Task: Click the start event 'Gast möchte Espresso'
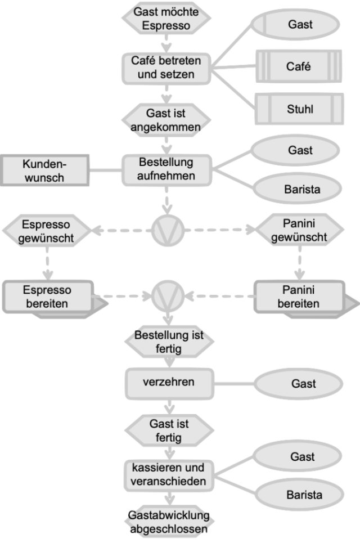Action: coord(166,18)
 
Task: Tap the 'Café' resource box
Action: coord(299,66)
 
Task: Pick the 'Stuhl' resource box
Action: coord(299,109)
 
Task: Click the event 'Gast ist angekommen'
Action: coord(166,120)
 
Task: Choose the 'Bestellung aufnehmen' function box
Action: coord(166,169)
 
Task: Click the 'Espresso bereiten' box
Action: coord(47,297)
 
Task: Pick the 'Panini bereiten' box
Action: coord(299,297)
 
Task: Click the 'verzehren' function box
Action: coord(169,383)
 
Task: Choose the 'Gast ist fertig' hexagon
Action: coord(169,430)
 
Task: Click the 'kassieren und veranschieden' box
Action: coord(168,474)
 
